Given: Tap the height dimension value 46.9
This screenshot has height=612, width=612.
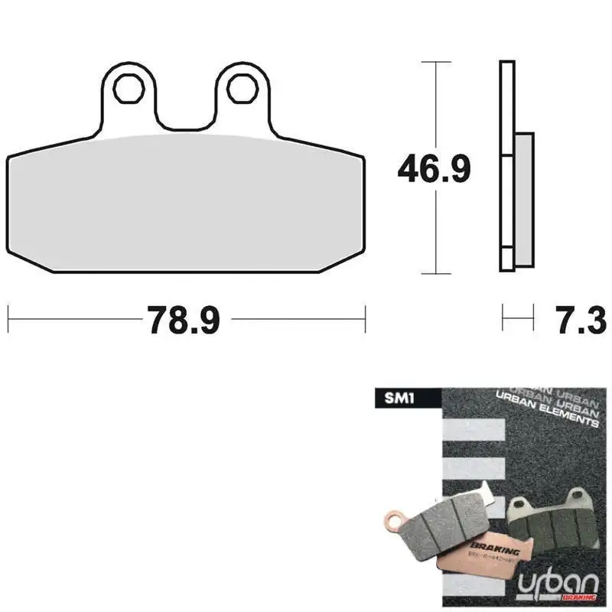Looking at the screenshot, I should point(434,169).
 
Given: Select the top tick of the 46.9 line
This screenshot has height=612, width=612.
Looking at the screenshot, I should point(435,61).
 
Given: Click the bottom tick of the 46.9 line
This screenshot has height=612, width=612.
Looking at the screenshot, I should point(435,273).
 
